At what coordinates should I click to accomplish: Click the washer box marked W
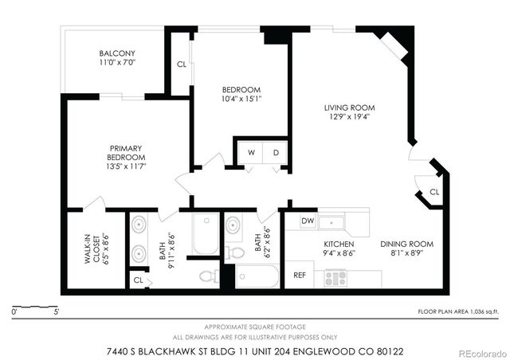tap(250, 151)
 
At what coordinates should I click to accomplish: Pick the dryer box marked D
tap(276, 151)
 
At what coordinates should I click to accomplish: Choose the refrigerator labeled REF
tap(300, 276)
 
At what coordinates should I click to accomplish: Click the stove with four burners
tap(335, 279)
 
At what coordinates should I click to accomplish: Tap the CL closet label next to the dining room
tap(433, 192)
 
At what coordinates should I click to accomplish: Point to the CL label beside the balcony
tap(182, 64)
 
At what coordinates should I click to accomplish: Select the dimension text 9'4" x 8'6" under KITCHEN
tap(339, 253)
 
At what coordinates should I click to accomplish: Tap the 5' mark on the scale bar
tap(56, 312)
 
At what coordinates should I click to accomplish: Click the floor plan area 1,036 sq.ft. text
tap(457, 312)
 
